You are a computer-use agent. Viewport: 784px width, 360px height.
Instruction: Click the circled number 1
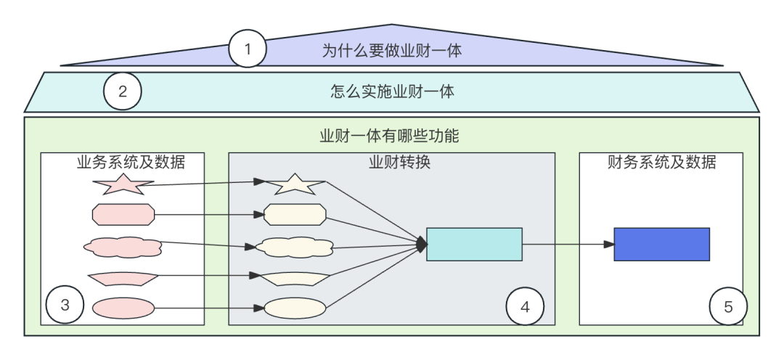248,49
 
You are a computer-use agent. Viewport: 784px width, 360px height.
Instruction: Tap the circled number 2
122,91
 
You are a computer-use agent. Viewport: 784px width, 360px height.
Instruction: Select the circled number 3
65,306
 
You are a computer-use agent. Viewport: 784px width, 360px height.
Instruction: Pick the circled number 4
525,306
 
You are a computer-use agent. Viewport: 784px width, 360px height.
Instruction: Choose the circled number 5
728,306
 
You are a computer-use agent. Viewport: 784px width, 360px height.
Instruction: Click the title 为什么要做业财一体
392,50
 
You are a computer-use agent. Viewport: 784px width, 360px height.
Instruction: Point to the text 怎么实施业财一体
392,91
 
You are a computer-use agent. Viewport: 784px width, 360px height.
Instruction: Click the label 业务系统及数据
131,162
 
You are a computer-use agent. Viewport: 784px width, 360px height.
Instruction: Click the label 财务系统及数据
661,162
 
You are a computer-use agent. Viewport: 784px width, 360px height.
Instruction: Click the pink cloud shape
123,246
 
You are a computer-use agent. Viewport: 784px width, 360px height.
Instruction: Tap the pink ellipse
123,308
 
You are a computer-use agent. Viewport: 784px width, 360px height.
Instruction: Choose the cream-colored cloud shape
293,247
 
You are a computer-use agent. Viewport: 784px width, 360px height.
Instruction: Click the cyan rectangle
474,244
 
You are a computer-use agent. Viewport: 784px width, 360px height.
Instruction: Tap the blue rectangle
661,244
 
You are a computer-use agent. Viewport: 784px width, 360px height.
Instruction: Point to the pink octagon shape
123,215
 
